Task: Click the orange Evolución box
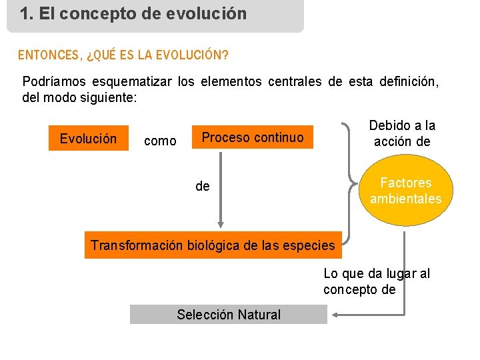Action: [88, 139]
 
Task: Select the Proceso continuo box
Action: [252, 137]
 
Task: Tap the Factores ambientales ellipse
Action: [405, 191]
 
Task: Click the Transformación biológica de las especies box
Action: [213, 245]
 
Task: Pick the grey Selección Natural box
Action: [228, 315]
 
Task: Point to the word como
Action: [160, 141]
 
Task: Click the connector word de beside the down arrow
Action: [203, 187]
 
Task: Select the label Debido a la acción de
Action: [402, 133]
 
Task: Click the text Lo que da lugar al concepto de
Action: [377, 281]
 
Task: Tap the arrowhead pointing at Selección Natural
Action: [336, 315]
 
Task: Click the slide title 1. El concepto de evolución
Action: [133, 13]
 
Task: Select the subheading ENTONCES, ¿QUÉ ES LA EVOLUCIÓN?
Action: [123, 55]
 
